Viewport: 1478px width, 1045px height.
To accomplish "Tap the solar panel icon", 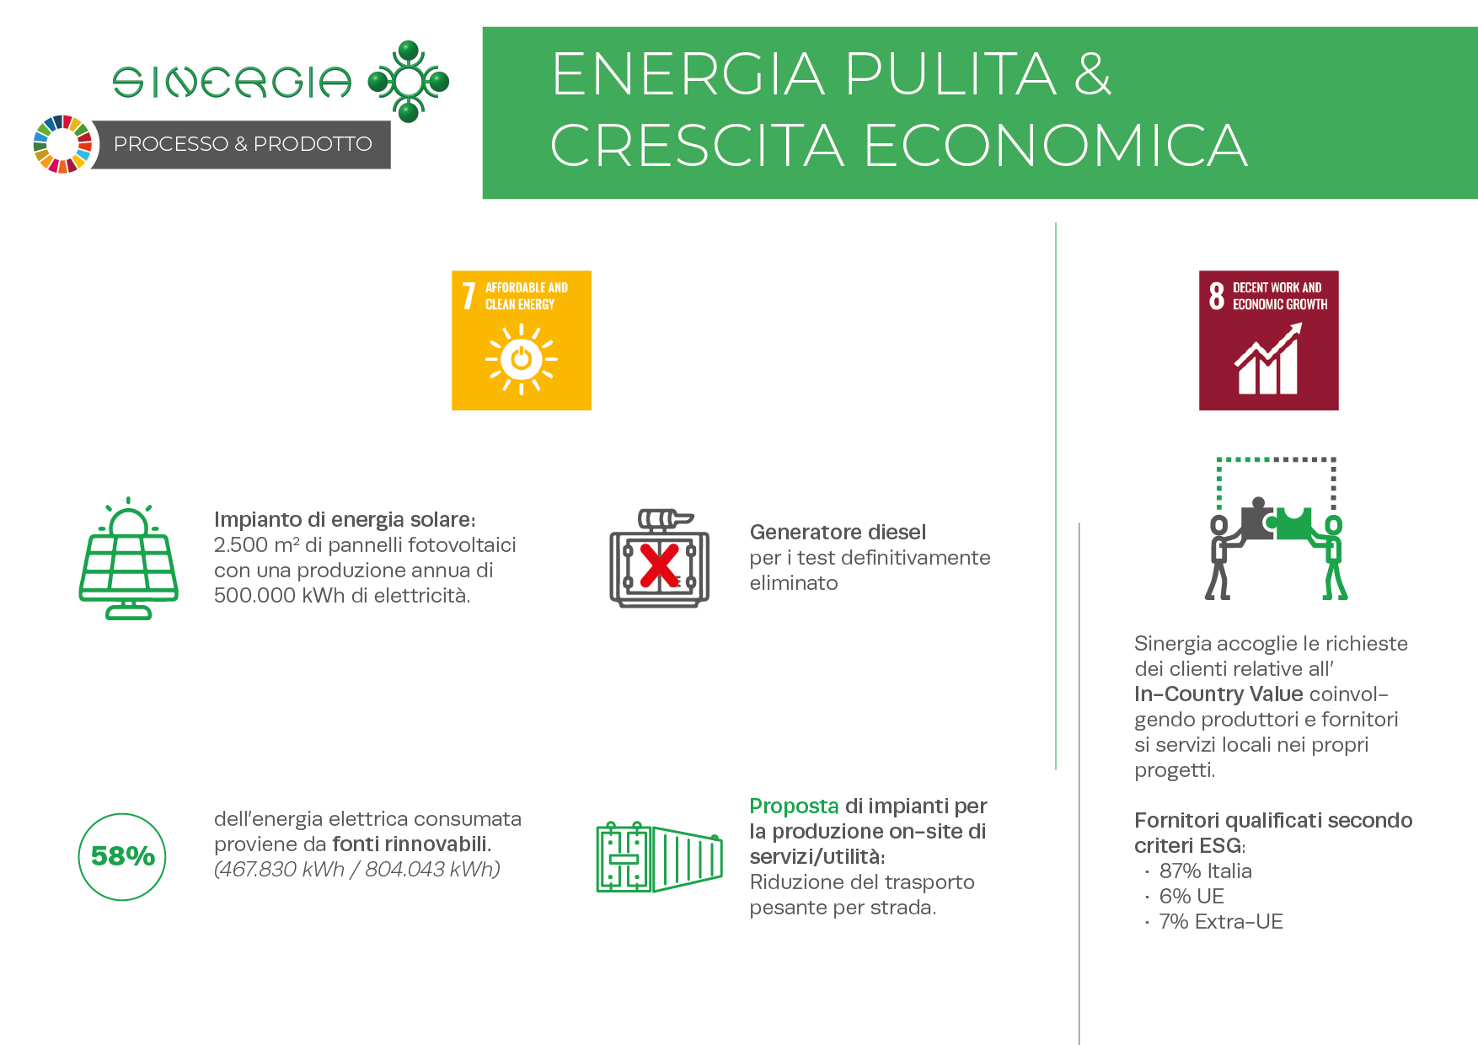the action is [x=128, y=558].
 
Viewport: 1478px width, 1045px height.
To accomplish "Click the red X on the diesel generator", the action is [x=659, y=565].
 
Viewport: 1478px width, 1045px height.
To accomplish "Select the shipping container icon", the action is [x=659, y=857].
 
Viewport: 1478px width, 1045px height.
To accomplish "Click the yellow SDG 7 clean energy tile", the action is [x=522, y=340].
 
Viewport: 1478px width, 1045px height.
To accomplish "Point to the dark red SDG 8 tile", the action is [x=1269, y=340].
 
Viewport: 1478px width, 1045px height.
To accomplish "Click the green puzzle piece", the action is [x=1295, y=522].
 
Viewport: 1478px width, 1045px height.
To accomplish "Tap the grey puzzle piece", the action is [x=1256, y=519].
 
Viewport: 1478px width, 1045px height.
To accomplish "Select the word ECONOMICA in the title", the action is [x=1056, y=146].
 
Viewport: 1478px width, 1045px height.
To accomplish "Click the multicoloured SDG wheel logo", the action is [x=62, y=144].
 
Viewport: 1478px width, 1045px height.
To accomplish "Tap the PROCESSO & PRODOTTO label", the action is [x=243, y=144].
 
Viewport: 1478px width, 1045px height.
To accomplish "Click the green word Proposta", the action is [x=794, y=807].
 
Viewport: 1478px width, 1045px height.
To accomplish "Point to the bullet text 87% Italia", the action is [x=1205, y=871].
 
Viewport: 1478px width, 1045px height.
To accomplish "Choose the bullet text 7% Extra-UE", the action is [x=1221, y=922].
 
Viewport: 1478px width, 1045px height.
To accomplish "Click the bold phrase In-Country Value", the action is [x=1218, y=694].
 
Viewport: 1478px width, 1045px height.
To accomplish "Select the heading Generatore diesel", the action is [x=838, y=533].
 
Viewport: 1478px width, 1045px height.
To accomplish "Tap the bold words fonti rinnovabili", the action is [x=412, y=844].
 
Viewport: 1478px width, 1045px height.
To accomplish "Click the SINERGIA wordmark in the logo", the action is [x=233, y=83].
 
